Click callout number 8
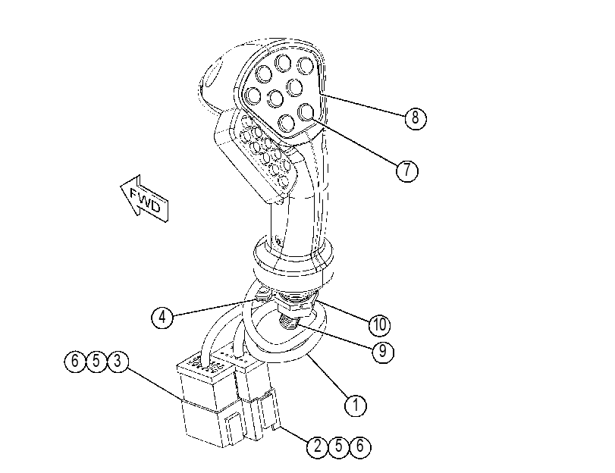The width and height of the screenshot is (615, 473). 416,117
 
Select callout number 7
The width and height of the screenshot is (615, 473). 407,171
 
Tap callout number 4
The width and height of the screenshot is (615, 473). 162,317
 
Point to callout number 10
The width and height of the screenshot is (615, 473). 380,324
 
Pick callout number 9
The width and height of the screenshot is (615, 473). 383,352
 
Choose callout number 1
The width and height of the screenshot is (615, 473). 356,405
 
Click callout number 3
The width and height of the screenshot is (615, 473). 118,361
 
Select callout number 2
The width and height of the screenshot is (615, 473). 317,446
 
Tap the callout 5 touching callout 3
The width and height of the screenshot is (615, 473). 96,361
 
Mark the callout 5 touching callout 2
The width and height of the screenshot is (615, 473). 338,446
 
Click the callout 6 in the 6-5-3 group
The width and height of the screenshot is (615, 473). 75,361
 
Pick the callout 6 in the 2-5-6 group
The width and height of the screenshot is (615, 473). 360,446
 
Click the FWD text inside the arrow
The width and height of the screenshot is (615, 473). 146,200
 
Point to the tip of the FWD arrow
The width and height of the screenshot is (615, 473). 121,186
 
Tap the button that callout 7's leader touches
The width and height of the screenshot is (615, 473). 306,111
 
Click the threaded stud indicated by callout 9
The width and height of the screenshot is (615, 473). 289,324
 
